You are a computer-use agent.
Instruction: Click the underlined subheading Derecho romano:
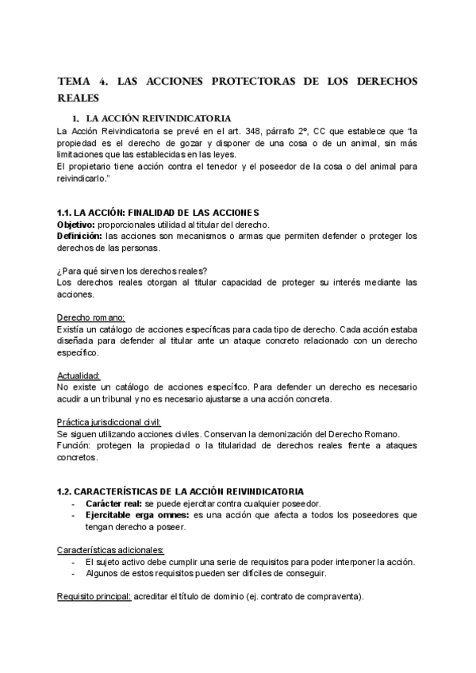click(86, 317)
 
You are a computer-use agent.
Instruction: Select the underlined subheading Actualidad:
click(78, 375)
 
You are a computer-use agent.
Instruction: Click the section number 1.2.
click(66, 491)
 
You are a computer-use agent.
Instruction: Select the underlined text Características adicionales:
click(111, 549)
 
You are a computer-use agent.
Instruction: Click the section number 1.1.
click(66, 213)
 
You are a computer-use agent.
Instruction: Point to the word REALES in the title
click(79, 98)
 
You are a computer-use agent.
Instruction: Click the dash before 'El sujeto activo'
click(73, 561)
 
